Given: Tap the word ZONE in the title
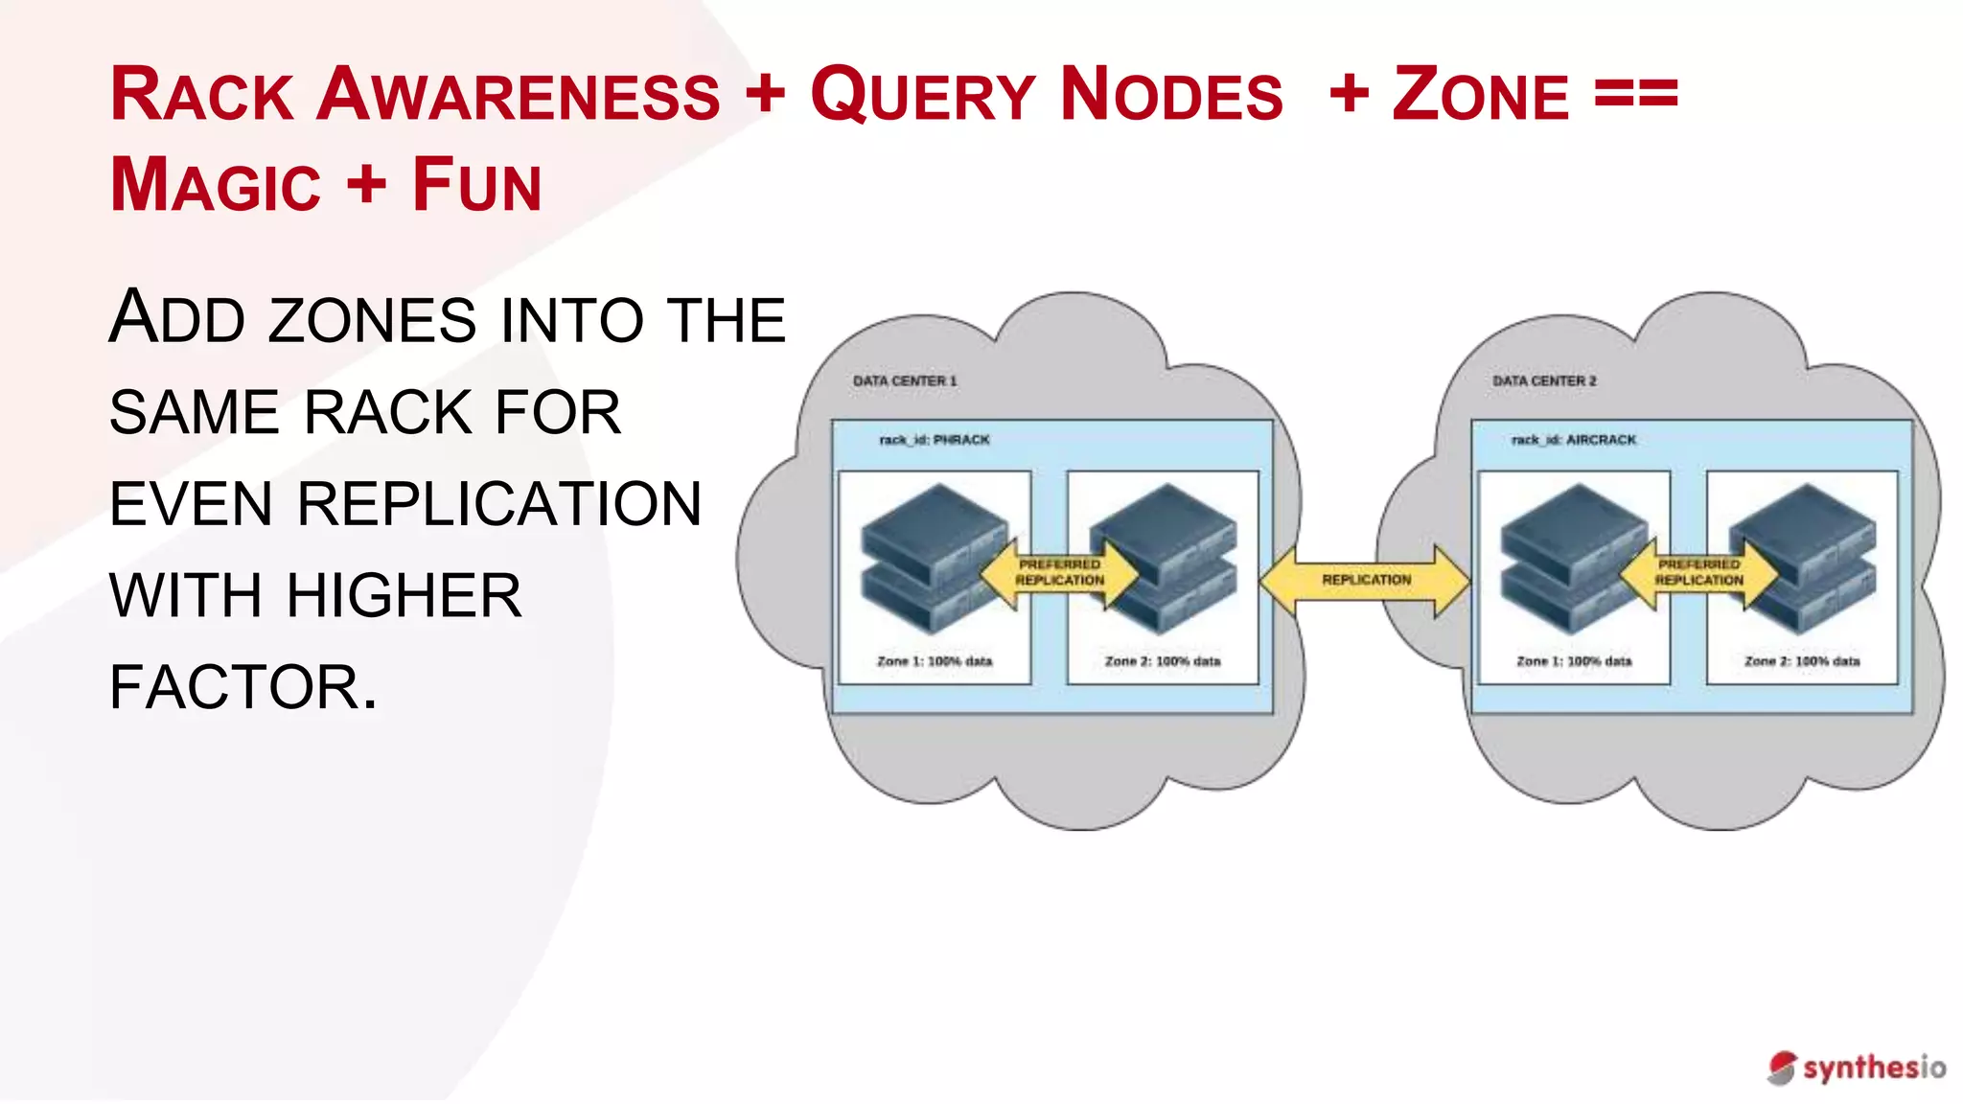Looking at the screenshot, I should pos(1480,96).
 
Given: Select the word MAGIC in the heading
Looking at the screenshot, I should pos(216,184).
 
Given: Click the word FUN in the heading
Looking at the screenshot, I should pos(476,184).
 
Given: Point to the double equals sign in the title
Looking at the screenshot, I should pos(1635,94).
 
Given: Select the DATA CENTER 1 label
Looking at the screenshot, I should pos(904,380).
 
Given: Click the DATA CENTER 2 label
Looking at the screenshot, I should pos(1543,380).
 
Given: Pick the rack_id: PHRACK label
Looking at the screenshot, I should pos(934,440).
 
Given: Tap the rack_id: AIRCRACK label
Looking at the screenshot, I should pos(1573,440).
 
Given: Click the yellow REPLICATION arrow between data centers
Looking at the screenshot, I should pos(1366,580).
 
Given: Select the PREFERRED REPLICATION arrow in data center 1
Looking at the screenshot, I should pos(1059,573).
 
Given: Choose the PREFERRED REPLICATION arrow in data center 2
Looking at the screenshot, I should pos(1698,573).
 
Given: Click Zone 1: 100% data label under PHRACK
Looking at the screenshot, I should pos(935,661).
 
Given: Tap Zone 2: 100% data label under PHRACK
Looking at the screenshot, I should pos(1163,661).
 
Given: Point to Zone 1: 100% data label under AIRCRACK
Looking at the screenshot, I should pos(1574,661).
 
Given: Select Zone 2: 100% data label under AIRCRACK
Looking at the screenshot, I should pos(1802,661).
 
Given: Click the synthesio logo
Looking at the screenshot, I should pos(1857,1068).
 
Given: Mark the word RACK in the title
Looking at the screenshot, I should pos(201,96).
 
